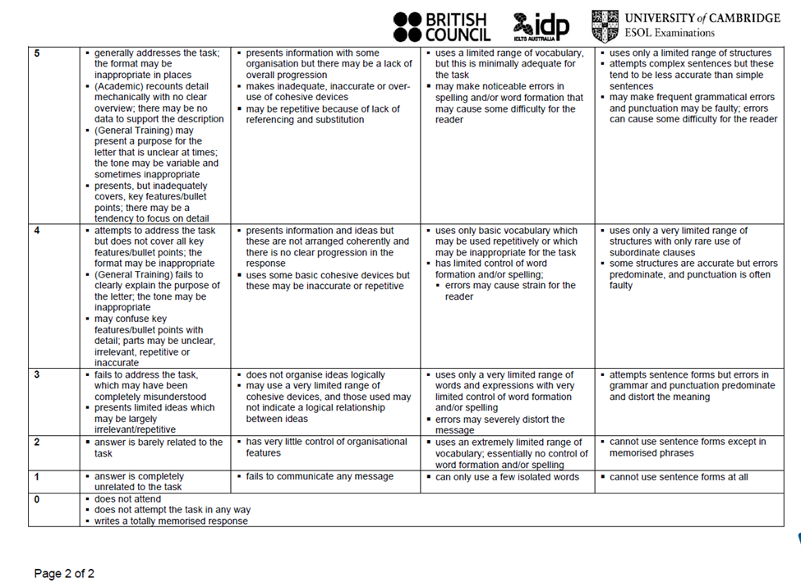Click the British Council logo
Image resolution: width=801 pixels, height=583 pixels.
click(x=441, y=26)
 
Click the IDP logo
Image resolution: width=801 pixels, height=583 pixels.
click(x=541, y=26)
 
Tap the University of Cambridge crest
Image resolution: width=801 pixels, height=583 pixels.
click(x=605, y=25)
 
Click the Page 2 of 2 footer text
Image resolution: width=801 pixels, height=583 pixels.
click(x=64, y=573)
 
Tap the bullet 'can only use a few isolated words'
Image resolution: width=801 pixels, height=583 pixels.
click(x=506, y=476)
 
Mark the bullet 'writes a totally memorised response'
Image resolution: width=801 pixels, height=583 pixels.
click(x=170, y=521)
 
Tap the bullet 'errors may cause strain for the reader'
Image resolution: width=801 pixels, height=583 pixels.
click(x=509, y=291)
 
